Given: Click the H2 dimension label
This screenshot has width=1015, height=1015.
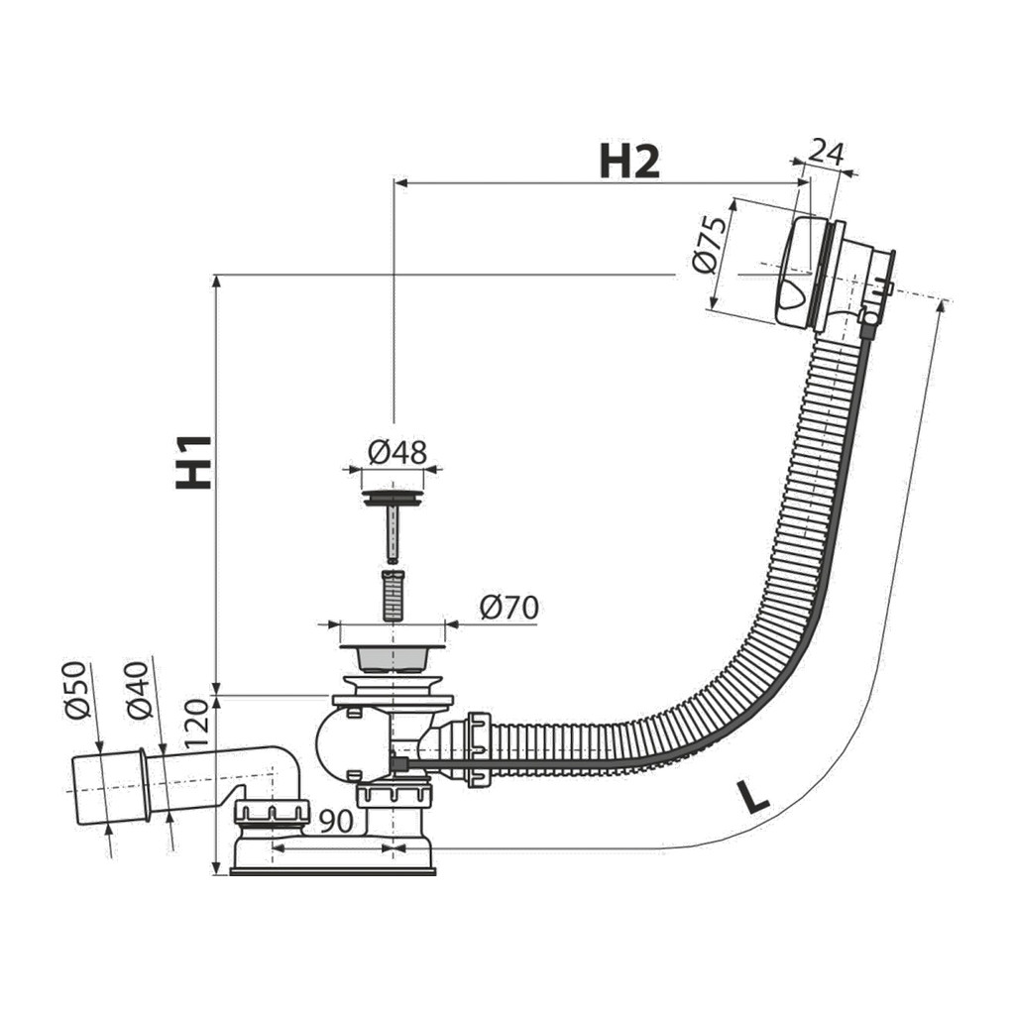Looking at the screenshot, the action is coord(629,162).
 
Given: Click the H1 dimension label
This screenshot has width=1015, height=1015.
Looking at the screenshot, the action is coord(194,462).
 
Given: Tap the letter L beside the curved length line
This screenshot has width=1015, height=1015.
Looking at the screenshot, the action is coord(753,798).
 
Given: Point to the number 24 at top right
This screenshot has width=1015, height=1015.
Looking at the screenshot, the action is coord(827,154).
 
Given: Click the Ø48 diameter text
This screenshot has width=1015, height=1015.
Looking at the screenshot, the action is coord(397,452).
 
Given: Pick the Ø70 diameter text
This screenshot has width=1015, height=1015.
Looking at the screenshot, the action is coord(509,608).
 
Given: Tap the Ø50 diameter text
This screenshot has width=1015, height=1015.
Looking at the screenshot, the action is coord(76,690).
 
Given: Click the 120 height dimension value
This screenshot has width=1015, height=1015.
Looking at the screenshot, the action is coord(197,724).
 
